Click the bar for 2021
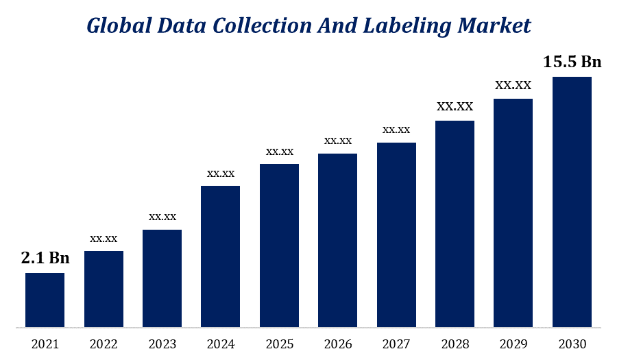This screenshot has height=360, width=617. (x=45, y=300)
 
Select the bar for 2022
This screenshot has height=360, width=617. (x=104, y=289)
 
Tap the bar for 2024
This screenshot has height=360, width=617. (x=220, y=256)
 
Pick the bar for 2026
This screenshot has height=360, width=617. (x=337, y=240)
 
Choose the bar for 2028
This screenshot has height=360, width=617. (x=455, y=224)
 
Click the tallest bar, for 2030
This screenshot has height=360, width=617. (x=572, y=202)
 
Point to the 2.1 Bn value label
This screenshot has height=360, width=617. (x=45, y=258)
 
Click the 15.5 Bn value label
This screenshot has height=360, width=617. (x=572, y=62)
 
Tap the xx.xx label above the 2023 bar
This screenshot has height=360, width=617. (x=162, y=217)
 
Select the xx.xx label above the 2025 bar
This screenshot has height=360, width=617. (x=280, y=151)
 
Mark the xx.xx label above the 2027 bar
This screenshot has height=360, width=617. (x=396, y=130)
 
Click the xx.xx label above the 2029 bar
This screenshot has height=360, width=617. (x=513, y=85)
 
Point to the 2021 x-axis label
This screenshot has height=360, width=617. (x=45, y=343)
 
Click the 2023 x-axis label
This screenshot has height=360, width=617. (x=162, y=343)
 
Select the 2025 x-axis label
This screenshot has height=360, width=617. (x=280, y=343)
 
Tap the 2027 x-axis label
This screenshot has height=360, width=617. (x=396, y=343)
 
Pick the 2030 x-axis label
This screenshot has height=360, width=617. (x=572, y=343)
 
